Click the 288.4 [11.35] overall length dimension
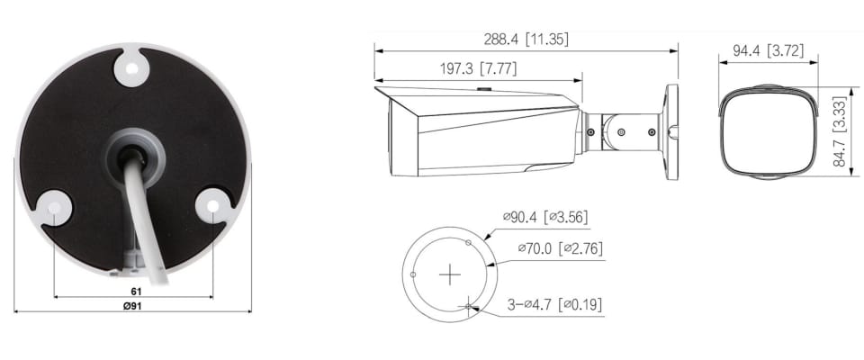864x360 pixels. [x=526, y=40]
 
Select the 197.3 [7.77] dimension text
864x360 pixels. [x=478, y=69]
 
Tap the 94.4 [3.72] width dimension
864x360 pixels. [x=768, y=51]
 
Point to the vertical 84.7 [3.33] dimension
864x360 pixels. [x=839, y=131]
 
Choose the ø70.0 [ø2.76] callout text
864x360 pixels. [x=561, y=248]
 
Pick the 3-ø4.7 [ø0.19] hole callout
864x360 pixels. [x=554, y=305]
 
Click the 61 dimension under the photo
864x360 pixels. [x=136, y=291]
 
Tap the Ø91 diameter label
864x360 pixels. [x=132, y=306]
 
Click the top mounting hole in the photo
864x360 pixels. [x=131, y=68]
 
